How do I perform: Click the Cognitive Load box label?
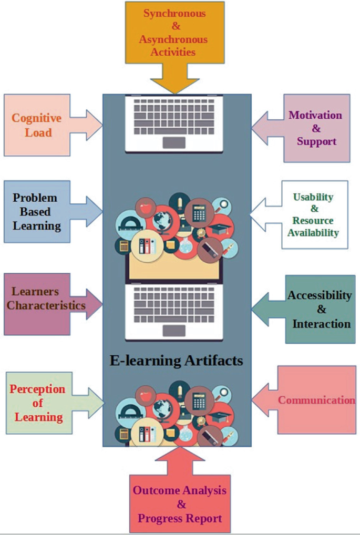[x=36, y=125]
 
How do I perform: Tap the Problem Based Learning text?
[x=36, y=212]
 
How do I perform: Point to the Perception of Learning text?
[x=38, y=403]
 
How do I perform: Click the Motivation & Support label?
[x=315, y=128]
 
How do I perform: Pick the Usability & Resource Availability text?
[x=313, y=214]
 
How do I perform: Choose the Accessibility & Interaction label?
[x=320, y=309]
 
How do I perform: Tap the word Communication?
[x=316, y=400]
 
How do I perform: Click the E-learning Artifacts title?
[x=177, y=361]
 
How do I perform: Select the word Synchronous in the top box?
[x=174, y=13]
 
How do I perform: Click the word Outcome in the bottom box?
[x=156, y=490]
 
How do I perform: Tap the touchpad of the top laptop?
[x=174, y=142]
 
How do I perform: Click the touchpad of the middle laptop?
[x=174, y=331]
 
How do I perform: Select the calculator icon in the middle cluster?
[x=199, y=212]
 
